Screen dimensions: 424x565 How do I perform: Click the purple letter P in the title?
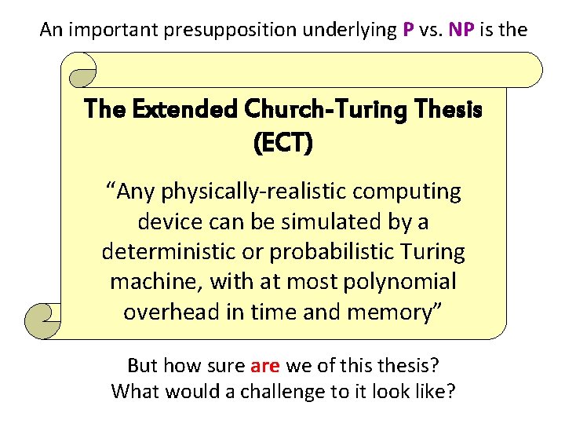pos(408,30)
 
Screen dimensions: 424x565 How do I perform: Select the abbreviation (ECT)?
pos(283,142)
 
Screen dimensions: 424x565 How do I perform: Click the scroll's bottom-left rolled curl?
pos(44,317)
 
